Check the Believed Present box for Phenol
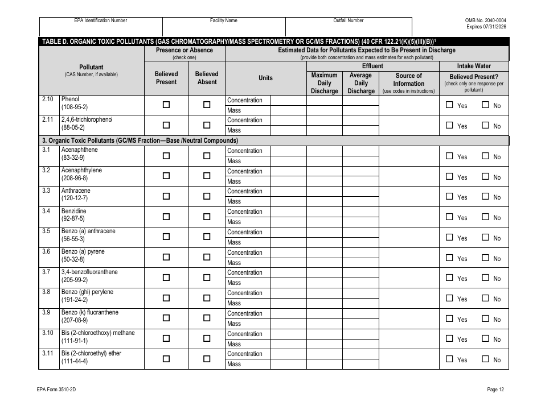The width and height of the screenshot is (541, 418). point(166,105)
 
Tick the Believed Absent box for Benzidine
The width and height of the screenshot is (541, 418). point(207,217)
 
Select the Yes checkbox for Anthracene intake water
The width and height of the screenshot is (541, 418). point(449,197)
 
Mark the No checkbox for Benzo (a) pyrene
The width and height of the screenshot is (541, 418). point(485,258)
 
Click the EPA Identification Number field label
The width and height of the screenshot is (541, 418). point(101,20)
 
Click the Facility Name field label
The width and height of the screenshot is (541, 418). point(224,20)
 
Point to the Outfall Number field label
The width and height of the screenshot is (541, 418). point(349,20)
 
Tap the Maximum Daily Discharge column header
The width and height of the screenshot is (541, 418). point(324,83)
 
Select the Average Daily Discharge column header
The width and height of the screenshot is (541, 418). point(360,83)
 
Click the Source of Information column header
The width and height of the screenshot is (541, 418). point(408,83)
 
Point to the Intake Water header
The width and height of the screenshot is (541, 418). point(474,66)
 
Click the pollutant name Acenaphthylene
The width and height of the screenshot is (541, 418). point(82,170)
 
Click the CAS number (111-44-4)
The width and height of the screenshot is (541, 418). point(75,361)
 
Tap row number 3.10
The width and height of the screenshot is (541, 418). point(48,333)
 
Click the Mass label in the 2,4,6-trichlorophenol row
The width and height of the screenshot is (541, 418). point(234,130)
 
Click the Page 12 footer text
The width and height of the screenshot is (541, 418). point(495,390)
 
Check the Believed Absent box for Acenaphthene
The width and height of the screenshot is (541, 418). point(207,156)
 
